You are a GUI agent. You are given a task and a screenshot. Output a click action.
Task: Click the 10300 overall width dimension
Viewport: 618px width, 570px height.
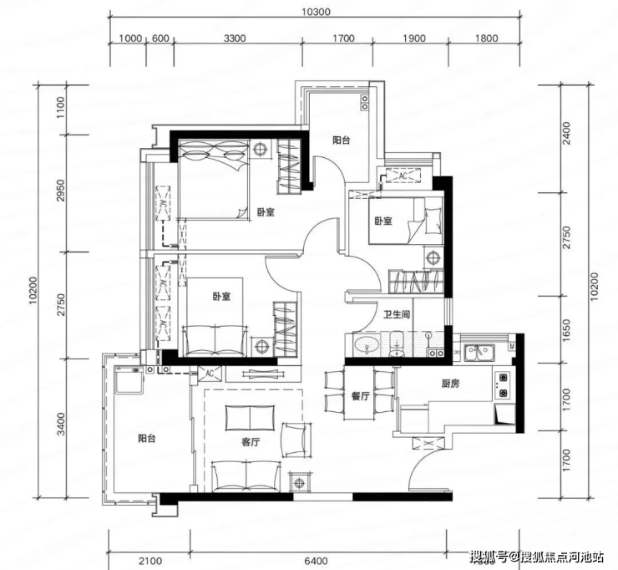tap(316, 12)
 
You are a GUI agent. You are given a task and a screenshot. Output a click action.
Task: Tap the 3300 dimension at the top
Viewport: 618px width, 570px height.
tap(235, 38)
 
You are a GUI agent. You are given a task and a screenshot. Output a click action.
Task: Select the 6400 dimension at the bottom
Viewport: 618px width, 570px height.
tap(316, 561)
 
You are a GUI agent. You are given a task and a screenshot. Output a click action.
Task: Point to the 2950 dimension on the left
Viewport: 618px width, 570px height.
tap(60, 191)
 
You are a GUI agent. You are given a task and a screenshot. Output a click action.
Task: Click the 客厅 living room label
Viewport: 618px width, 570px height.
tap(251, 443)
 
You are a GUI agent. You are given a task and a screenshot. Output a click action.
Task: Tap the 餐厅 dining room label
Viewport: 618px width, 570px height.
tap(360, 396)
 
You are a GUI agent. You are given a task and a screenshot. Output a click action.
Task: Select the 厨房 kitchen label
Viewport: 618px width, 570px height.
tap(450, 384)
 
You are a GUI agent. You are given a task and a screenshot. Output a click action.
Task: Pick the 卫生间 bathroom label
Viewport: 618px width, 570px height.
tap(397, 314)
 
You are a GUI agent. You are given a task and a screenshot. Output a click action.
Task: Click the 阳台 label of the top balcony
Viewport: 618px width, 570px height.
tap(341, 140)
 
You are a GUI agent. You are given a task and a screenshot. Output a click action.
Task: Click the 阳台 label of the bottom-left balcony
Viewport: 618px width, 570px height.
tap(147, 438)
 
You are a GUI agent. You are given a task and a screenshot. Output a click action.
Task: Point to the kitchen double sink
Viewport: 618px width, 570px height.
tap(479, 352)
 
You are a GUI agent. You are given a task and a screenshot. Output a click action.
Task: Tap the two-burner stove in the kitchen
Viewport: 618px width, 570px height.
tap(501, 385)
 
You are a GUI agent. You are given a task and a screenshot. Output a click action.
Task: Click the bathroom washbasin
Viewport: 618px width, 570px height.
tap(367, 345)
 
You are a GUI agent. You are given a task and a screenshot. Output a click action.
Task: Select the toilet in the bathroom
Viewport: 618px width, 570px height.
tap(396, 344)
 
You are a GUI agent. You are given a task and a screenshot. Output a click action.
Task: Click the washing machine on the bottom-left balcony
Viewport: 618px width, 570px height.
tap(129, 379)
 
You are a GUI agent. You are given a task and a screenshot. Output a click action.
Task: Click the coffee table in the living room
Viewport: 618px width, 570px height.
tap(250, 418)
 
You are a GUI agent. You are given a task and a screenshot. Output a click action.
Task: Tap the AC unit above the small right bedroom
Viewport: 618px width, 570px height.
tap(403, 176)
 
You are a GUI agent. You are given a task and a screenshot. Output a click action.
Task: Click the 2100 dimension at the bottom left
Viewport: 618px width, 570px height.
tap(150, 561)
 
